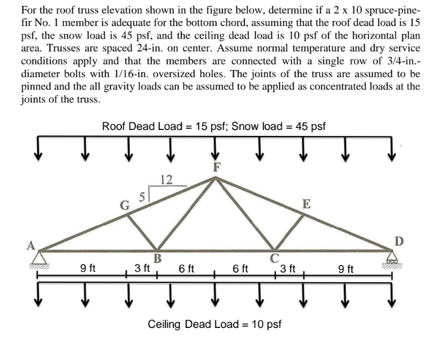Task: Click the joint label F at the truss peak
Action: [x=217, y=167]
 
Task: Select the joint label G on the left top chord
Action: [x=125, y=205]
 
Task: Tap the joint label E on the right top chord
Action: [x=306, y=204]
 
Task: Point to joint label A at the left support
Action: [x=31, y=246]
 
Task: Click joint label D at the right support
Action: [x=399, y=241]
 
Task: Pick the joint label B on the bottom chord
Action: [x=157, y=259]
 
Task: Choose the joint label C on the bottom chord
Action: [x=274, y=258]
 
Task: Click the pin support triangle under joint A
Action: [x=39, y=259]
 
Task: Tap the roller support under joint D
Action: [x=392, y=259]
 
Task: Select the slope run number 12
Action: [x=167, y=180]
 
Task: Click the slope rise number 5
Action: [x=142, y=197]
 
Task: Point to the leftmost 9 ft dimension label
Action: [x=88, y=268]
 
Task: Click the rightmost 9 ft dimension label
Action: [x=346, y=269]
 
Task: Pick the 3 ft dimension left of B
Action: [x=142, y=268]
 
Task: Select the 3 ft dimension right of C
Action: [x=288, y=268]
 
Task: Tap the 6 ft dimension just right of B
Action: [x=186, y=268]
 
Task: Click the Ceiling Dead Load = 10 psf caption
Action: [x=214, y=324]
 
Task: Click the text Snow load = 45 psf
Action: [x=278, y=126]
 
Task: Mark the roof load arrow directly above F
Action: [x=215, y=149]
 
